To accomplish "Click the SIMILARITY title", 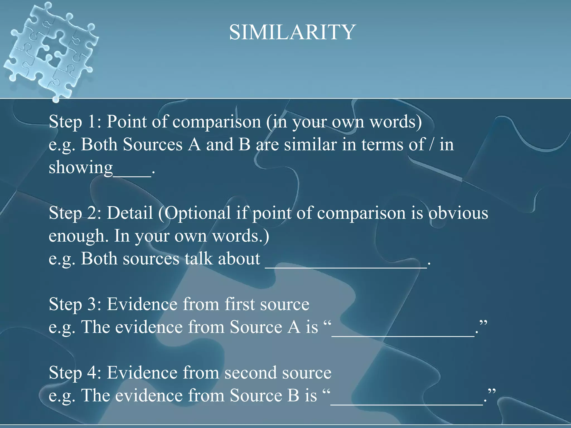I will pos(292,32).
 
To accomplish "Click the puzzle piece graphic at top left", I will pos(50,50).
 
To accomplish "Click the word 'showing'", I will pos(81,168).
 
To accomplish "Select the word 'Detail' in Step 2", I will pos(130,213).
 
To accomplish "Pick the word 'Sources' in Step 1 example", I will pos(153,145).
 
